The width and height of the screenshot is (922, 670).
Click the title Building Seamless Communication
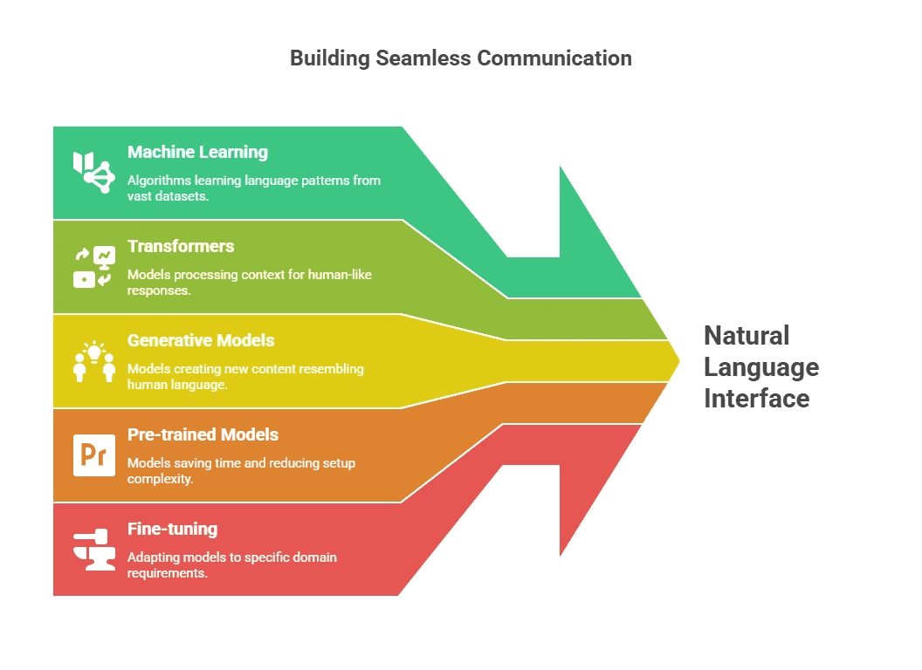click(x=460, y=58)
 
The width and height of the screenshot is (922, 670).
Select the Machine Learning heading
click(x=197, y=152)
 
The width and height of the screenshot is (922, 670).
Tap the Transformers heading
click(x=181, y=246)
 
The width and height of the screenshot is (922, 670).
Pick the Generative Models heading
click(x=201, y=340)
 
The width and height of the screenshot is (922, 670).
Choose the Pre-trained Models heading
click(x=203, y=434)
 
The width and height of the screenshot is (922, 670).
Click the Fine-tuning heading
click(x=172, y=529)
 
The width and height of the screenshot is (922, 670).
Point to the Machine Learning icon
click(x=93, y=171)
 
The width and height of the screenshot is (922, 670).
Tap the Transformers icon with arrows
click(x=93, y=267)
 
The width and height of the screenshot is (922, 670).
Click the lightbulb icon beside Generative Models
click(x=93, y=361)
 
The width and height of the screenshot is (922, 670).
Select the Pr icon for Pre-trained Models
click(x=93, y=455)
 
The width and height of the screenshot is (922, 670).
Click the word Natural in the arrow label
click(x=747, y=336)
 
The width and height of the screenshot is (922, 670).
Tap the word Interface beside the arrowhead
click(x=756, y=399)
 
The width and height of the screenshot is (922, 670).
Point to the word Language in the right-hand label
click(x=761, y=367)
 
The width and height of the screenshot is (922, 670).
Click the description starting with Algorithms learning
click(x=253, y=188)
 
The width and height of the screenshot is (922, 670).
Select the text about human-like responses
click(x=249, y=282)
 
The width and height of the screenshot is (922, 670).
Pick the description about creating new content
click(x=244, y=376)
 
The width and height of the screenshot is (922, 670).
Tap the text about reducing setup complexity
click(x=241, y=470)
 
